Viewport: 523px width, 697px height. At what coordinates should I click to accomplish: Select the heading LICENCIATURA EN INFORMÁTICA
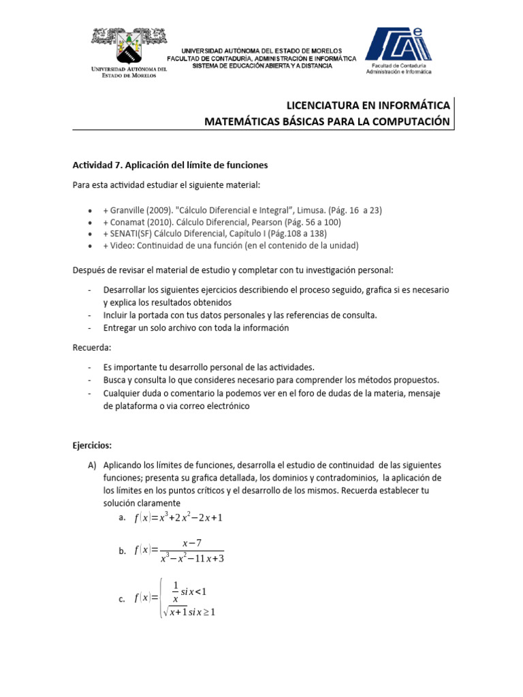[x=368, y=106]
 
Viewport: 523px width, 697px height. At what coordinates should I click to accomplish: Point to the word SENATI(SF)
[x=133, y=233]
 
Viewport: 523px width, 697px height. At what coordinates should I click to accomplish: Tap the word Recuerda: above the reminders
[x=92, y=347]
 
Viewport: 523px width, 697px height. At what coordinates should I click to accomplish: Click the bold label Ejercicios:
[x=92, y=445]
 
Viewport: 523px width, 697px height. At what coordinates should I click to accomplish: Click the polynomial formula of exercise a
[x=178, y=518]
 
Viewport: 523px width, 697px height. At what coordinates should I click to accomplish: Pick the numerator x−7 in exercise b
[x=193, y=542]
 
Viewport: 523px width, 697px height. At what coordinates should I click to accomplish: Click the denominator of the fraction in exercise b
[x=192, y=559]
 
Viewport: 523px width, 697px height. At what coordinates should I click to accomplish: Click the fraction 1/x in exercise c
[x=175, y=591]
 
